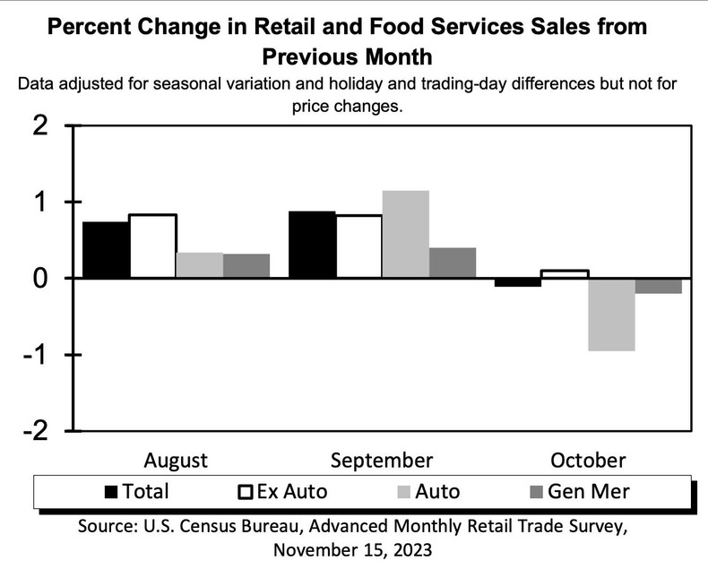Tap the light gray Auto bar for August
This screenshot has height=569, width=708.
tap(199, 265)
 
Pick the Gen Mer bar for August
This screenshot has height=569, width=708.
tap(246, 266)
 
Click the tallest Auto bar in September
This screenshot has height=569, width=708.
tap(405, 235)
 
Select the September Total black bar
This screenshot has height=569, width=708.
tap(312, 245)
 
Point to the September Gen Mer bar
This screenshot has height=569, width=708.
tap(453, 263)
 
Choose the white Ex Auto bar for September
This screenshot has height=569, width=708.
tap(358, 246)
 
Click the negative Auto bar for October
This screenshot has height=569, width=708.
tap(611, 315)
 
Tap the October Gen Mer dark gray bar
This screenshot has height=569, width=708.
tap(659, 286)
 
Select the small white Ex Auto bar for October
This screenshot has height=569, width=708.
tap(565, 274)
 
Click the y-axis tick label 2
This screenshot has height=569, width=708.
tap(39, 126)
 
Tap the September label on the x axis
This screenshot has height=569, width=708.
tap(382, 461)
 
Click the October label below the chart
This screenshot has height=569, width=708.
tap(588, 461)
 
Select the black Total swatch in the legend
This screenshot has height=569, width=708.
tap(112, 491)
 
